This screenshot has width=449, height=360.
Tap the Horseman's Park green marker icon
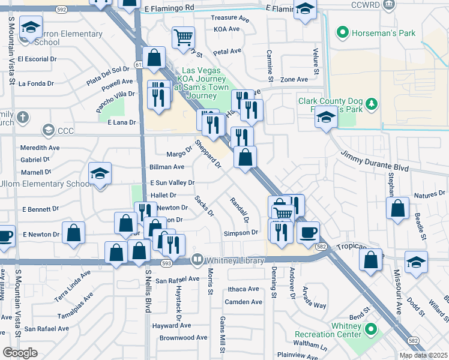[x=343, y=31]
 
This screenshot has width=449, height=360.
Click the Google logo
[x=20, y=353]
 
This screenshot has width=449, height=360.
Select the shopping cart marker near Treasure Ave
[x=183, y=37]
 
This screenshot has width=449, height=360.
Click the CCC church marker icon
[x=47, y=130]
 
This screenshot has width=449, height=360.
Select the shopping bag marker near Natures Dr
[x=397, y=209]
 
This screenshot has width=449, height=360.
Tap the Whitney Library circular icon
[x=197, y=260]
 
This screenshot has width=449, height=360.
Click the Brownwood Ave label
[x=183, y=338]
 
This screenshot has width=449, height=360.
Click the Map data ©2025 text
[x=423, y=355]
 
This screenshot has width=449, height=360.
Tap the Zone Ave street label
[x=294, y=79]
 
